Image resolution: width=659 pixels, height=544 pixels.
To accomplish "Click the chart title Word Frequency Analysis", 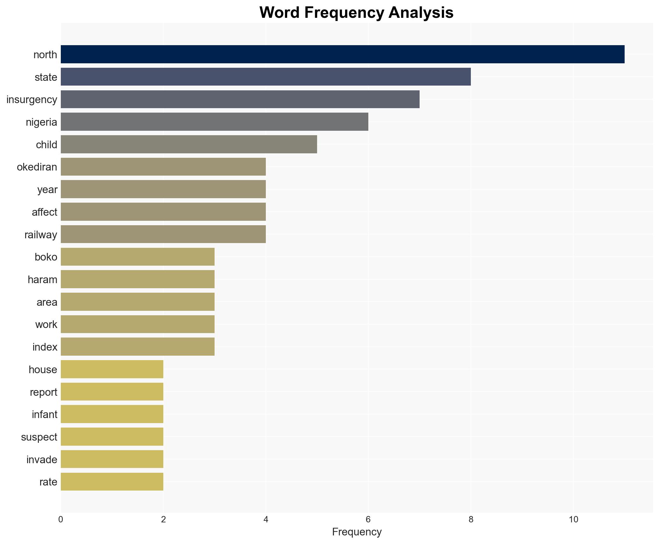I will click(x=356, y=13).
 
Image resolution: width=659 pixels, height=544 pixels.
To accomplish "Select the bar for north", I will click(x=342, y=54).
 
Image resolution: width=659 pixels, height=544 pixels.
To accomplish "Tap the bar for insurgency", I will click(x=240, y=99).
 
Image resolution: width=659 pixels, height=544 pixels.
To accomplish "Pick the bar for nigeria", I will click(x=214, y=122).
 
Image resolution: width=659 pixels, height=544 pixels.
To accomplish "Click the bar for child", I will click(x=189, y=144).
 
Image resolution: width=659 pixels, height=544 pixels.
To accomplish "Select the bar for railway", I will click(x=163, y=234).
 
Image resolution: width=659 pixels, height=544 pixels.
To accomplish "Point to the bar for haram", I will click(x=138, y=279).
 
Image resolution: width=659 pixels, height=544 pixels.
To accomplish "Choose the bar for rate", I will click(x=112, y=482).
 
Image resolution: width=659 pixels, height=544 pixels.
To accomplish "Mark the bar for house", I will click(x=112, y=369).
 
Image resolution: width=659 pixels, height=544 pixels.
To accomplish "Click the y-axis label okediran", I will click(x=37, y=167).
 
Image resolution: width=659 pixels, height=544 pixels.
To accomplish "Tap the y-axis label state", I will click(x=46, y=77).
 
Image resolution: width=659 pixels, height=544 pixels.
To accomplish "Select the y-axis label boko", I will click(x=46, y=257).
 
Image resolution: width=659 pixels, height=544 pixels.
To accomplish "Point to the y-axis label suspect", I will click(x=39, y=437).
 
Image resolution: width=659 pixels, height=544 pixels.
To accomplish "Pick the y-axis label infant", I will click(x=45, y=415).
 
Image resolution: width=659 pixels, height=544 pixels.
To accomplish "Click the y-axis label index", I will click(x=45, y=347).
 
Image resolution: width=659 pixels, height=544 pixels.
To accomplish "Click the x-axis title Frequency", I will click(x=357, y=532).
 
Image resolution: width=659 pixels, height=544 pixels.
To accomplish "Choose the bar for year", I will click(x=163, y=189).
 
